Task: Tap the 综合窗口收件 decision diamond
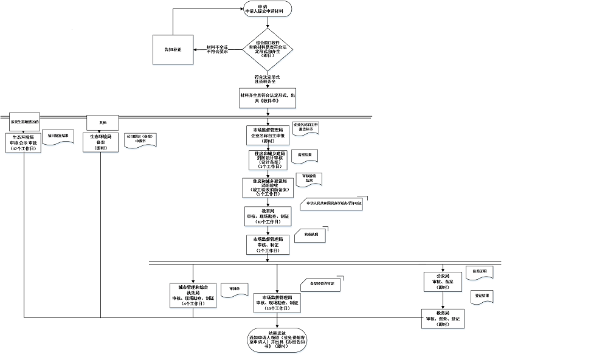click(268, 49)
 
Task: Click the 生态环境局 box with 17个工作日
click(24, 142)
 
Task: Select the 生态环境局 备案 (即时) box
click(101, 142)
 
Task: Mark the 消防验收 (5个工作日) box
click(268, 187)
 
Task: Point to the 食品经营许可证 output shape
click(322, 284)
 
